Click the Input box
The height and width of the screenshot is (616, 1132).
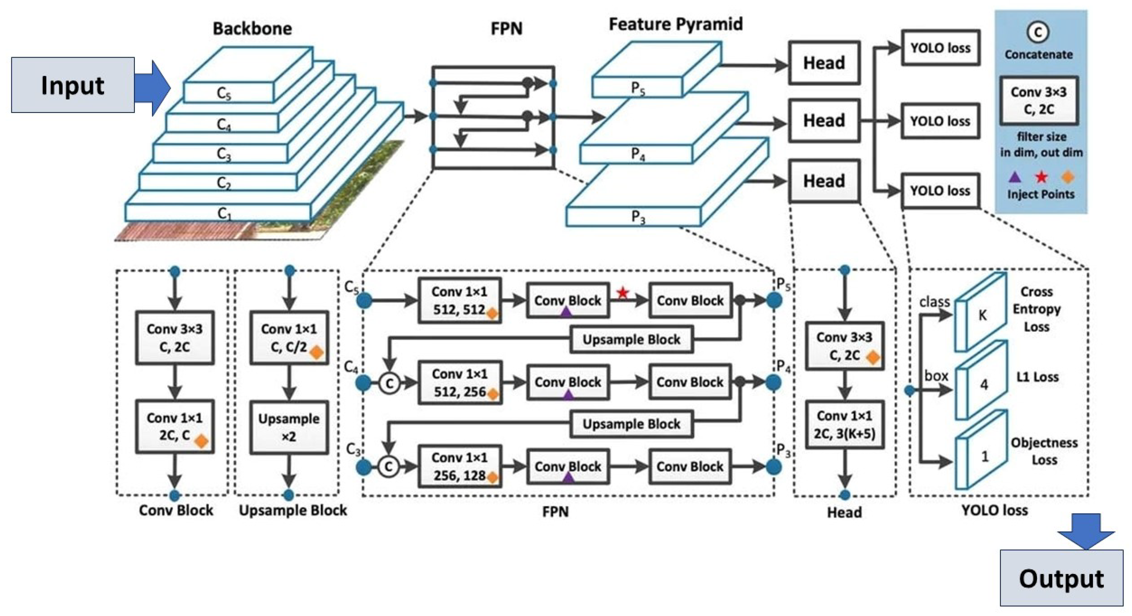coord(72,85)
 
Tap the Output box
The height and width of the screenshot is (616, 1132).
coord(1061,578)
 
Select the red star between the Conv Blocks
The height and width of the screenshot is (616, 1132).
coord(623,292)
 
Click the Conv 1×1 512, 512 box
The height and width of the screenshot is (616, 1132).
coord(459,300)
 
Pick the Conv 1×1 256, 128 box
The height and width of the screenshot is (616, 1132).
coord(459,467)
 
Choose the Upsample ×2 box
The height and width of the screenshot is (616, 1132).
coord(289,427)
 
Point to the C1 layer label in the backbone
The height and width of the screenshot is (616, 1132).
coord(225,214)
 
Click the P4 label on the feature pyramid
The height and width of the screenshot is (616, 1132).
coord(638,154)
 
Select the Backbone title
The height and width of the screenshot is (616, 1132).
coord(252,29)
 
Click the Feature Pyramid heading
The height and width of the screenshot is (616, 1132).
coord(675,24)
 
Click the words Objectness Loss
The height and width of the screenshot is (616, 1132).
coord(1044,451)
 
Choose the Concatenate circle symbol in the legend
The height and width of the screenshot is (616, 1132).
coord(1038,32)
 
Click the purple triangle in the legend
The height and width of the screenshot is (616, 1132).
coord(1015,177)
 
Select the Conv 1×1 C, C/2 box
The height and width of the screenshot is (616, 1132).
coord(289,338)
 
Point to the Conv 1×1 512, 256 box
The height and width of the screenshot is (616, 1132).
coord(460,383)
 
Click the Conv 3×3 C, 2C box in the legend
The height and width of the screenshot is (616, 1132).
coord(1039,101)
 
